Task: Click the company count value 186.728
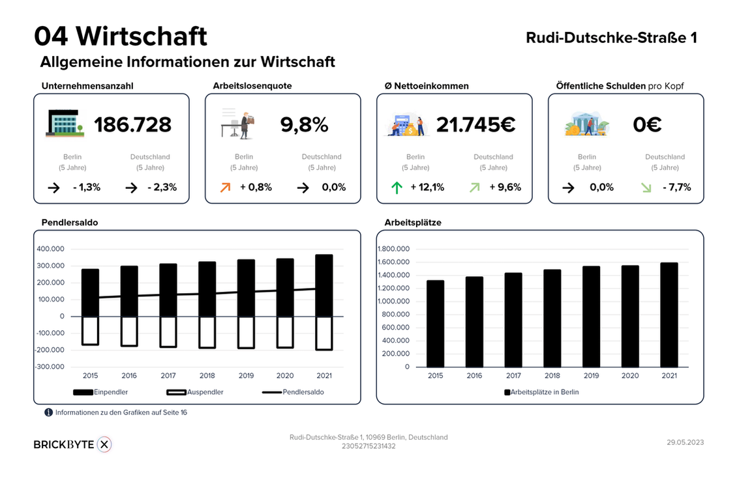[132, 124]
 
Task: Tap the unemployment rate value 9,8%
[304, 124]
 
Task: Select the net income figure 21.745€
[475, 124]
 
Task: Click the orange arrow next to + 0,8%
[226, 188]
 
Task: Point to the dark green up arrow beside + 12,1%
[397, 188]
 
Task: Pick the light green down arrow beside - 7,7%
[646, 188]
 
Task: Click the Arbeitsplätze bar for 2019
[591, 316]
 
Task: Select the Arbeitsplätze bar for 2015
[435, 323]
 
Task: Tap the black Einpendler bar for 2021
[323, 285]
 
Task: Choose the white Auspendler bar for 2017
[168, 332]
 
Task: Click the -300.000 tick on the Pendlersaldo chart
[50, 367]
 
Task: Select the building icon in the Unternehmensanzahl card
[64, 123]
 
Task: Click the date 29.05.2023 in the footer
[685, 442]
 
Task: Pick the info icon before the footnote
[48, 412]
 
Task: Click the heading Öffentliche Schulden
[601, 85]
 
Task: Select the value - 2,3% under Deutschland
[162, 188]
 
